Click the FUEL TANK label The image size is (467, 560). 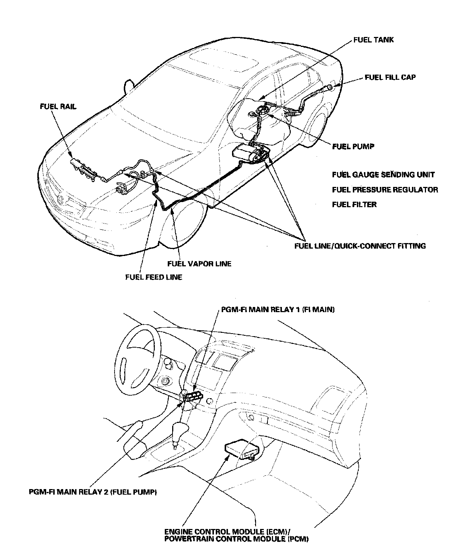point(373,40)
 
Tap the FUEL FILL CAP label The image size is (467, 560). point(390,77)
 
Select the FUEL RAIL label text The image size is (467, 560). point(58,106)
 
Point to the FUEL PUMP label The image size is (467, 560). point(353,146)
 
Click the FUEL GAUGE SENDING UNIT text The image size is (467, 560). point(383,174)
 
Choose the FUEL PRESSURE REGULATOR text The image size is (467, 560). point(385,189)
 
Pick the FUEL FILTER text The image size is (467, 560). point(354,204)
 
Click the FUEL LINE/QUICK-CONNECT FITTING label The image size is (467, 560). point(360,246)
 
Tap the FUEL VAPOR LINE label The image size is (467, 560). point(199,264)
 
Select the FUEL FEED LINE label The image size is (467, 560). point(153,277)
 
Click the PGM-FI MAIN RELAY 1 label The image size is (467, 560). point(277,310)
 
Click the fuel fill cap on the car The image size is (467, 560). point(330,87)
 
